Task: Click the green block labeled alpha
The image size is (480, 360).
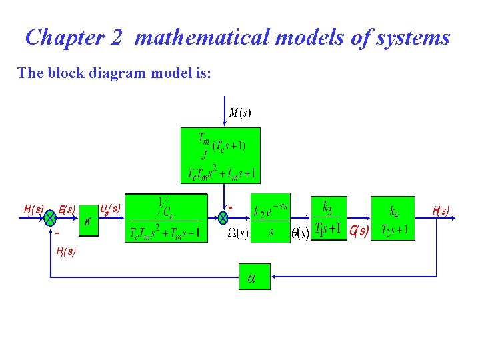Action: (x=255, y=276)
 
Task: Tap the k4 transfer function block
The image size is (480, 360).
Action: (x=393, y=218)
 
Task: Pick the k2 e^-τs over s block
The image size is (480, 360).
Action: (x=271, y=218)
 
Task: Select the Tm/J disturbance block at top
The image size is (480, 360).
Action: (x=220, y=155)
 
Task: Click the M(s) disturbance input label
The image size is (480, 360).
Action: (x=240, y=112)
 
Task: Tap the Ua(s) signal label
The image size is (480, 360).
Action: (x=110, y=209)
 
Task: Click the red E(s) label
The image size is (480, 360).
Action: (x=67, y=209)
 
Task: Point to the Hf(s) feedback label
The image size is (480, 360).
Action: (x=66, y=251)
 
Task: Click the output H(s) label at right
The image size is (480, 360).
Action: (x=441, y=211)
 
